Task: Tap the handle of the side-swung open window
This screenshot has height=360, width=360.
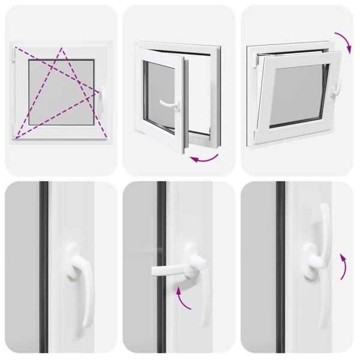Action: coord(170,104)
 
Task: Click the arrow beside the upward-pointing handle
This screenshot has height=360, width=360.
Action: coord(343,266)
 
